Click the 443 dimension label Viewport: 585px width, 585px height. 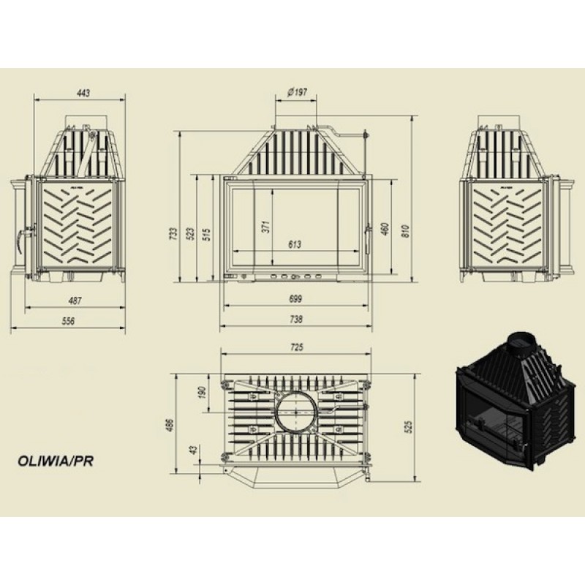pyautogui.click(x=83, y=93)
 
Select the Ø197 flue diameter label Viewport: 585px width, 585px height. pyautogui.click(x=298, y=92)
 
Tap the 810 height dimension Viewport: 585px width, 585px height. pyautogui.click(x=406, y=231)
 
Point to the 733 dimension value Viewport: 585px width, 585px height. pyautogui.click(x=173, y=233)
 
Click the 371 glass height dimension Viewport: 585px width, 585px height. pyautogui.click(x=265, y=227)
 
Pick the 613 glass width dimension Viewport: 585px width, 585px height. pyautogui.click(x=295, y=245)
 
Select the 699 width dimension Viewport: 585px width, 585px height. pyautogui.click(x=295, y=299)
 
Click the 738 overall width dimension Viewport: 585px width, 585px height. pyautogui.click(x=296, y=320)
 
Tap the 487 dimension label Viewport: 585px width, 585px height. pyautogui.click(x=75, y=301)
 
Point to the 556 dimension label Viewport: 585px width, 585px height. pyautogui.click(x=68, y=321)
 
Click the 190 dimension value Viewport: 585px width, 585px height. pyautogui.click(x=202, y=392)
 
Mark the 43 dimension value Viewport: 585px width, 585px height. pyautogui.click(x=193, y=450)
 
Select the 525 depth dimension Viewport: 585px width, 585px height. pyautogui.click(x=409, y=427)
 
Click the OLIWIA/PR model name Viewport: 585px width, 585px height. pyautogui.click(x=56, y=461)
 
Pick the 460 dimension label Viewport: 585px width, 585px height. pyautogui.click(x=385, y=229)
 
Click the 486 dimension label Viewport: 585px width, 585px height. pyautogui.click(x=170, y=426)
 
